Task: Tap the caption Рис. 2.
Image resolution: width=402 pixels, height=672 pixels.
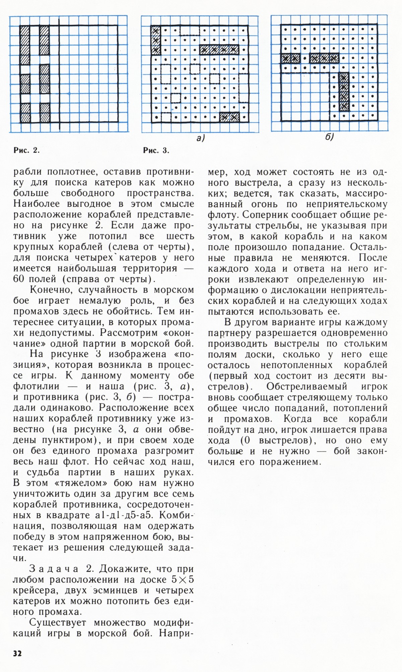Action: pos(26,150)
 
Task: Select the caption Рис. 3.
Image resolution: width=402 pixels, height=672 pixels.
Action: pos(156,150)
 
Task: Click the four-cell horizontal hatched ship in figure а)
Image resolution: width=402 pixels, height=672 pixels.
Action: pos(219,50)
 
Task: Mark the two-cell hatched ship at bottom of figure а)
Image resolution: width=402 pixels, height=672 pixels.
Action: pos(229,117)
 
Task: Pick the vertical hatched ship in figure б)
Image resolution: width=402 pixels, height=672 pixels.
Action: pos(343,93)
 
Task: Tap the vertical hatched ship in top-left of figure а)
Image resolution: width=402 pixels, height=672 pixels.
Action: pos(155,40)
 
